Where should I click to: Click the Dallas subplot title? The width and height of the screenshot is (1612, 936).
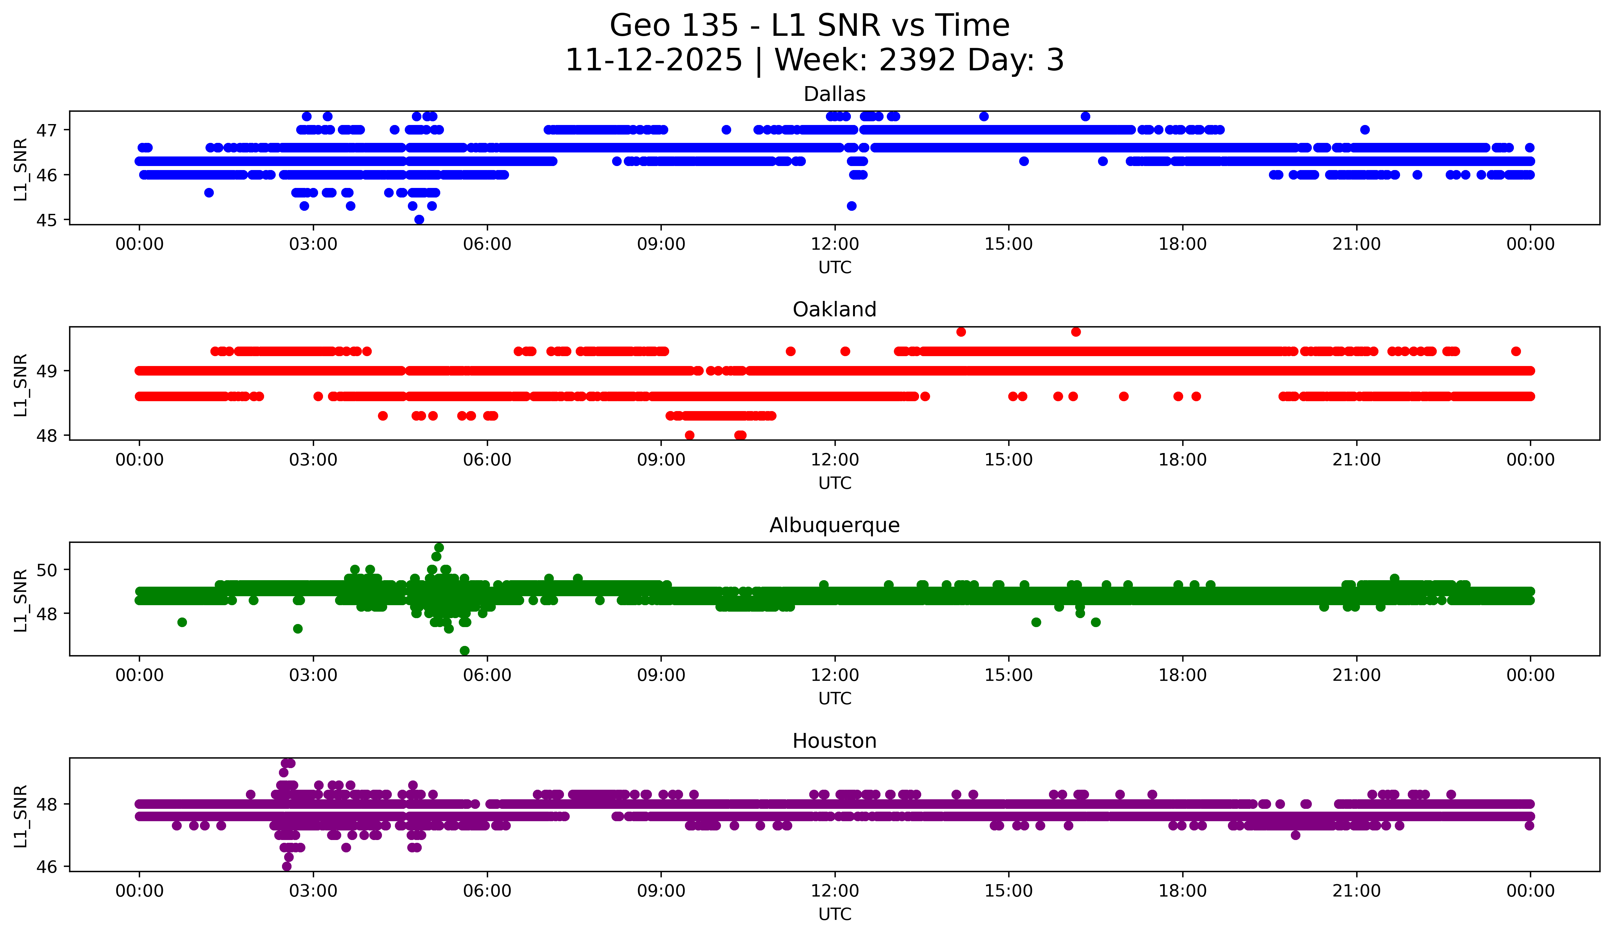(834, 94)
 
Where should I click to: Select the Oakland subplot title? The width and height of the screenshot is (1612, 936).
(834, 310)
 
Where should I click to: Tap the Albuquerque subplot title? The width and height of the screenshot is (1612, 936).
(834, 525)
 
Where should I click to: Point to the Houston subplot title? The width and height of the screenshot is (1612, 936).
(834, 741)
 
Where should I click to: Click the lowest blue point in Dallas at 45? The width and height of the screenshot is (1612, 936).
(419, 219)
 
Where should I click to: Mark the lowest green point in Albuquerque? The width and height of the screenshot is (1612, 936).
(464, 651)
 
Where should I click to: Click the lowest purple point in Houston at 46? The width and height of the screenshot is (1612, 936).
(287, 866)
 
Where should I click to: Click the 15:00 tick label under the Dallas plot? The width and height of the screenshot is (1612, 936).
(1008, 244)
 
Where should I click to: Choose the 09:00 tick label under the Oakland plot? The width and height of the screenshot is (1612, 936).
(661, 460)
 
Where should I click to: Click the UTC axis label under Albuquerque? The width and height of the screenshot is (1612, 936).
(834, 699)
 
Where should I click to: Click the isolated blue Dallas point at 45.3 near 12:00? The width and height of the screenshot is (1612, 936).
(852, 206)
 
